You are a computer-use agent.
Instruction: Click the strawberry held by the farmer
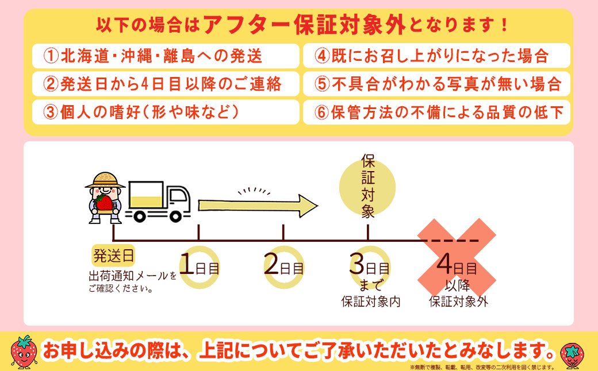(104, 202)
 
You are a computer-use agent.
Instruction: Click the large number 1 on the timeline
(187, 265)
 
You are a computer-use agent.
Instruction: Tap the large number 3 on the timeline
(356, 265)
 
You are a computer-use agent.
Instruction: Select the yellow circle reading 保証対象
(368, 187)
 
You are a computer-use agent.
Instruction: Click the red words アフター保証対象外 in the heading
(305, 25)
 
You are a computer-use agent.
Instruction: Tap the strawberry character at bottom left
(24, 351)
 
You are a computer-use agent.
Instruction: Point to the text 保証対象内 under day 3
(371, 302)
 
